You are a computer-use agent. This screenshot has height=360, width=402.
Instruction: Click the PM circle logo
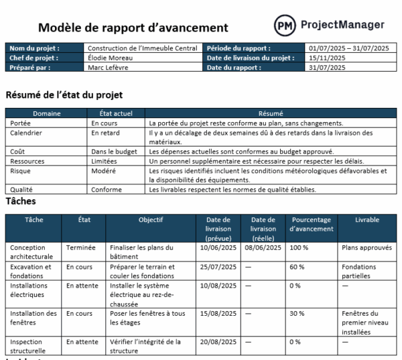[285, 26]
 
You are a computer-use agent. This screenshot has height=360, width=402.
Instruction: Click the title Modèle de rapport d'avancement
[133, 27]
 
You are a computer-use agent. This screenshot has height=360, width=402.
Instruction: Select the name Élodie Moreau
[111, 58]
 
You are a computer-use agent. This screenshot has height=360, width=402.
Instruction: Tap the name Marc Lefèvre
[109, 67]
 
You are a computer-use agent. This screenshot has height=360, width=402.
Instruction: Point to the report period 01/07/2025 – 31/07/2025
[348, 48]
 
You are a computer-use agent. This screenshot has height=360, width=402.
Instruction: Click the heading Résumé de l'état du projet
[64, 95]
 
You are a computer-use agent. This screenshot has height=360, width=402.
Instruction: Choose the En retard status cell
[105, 133]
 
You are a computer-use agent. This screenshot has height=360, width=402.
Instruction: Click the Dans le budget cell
[113, 152]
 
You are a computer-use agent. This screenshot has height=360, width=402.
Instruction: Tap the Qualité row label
[21, 190]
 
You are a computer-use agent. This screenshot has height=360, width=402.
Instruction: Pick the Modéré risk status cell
[104, 171]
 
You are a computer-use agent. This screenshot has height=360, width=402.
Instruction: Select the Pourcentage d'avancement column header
[311, 224]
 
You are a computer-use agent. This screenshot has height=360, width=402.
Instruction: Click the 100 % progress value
[299, 247]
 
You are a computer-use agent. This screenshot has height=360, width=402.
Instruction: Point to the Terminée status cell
[81, 247]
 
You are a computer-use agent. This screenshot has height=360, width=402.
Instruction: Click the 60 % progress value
[297, 267]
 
